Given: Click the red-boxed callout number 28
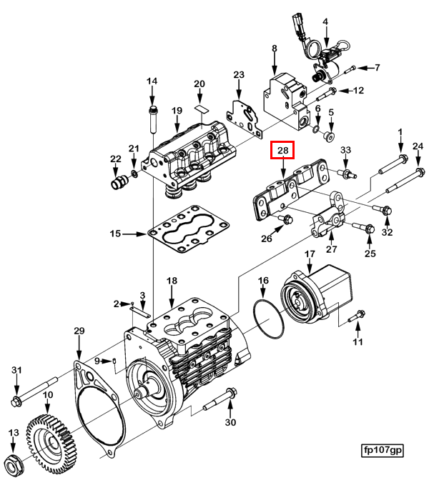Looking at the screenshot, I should coord(282,151).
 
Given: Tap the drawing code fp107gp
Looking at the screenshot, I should coord(383,450).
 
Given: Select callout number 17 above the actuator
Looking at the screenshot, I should coord(310,255).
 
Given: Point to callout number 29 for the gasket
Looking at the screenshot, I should coord(79,331).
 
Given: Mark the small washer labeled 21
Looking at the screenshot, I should coord(134,175).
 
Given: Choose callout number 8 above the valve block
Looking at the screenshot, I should coord(274,49).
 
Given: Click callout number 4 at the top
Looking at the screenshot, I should coord(325,22).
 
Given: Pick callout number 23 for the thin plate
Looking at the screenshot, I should coord(239,75).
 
